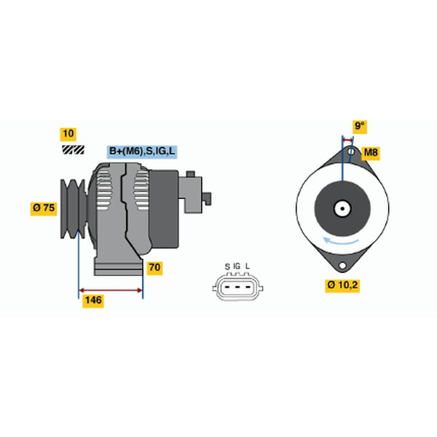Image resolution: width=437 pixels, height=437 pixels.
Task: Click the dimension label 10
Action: coord(68,134)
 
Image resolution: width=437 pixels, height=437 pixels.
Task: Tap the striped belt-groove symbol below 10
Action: coord(73,150)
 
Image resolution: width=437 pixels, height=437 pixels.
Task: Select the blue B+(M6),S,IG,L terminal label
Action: coord(142,151)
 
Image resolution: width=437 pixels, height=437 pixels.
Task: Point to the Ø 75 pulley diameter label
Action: coord(44,208)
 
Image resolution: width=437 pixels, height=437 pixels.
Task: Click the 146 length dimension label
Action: coord(93,301)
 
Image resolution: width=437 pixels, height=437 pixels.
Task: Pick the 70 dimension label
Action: coord(154,268)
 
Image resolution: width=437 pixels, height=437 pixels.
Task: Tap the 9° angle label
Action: coord(360,127)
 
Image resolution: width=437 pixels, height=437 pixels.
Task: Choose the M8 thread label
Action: coord(371,153)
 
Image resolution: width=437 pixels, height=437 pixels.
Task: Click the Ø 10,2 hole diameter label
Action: coord(342,286)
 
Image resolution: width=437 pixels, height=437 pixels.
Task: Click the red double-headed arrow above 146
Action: coord(111,291)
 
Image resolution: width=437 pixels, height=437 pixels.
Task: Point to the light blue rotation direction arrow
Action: coord(341,241)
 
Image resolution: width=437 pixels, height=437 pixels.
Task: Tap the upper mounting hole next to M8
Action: coord(351,152)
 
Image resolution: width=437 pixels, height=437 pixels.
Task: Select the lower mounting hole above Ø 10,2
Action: coord(342,265)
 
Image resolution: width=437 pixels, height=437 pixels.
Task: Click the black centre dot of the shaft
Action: coord(342,208)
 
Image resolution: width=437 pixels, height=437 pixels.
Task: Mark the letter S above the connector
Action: coord(227,267)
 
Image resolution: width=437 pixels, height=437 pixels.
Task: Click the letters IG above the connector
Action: coord(237,266)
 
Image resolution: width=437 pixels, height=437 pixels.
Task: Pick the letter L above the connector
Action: coord(247,266)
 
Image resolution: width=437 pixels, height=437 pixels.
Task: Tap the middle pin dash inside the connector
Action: coord(237,287)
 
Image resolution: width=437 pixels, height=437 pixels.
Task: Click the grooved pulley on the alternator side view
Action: coord(74,209)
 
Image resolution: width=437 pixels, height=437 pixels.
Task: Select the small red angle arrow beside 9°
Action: coord(347,139)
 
